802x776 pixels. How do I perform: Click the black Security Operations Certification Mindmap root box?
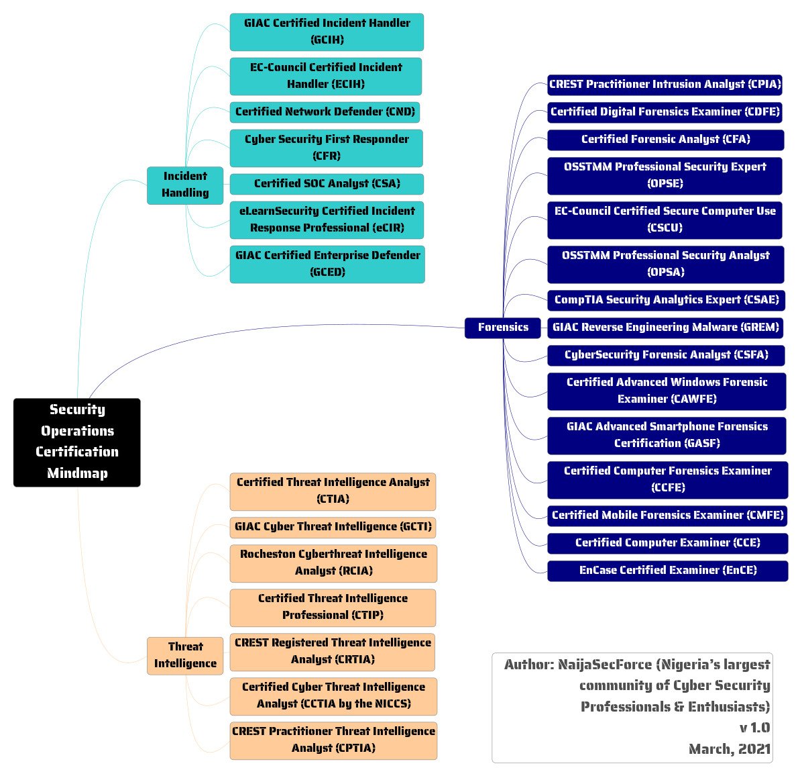tap(77, 442)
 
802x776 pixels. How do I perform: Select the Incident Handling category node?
tap(185, 185)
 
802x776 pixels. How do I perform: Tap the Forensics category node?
tap(503, 328)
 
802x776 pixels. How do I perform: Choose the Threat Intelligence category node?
tap(185, 655)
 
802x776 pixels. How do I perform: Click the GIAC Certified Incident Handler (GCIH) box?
tap(327, 32)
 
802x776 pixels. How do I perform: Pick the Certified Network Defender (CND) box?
tap(325, 111)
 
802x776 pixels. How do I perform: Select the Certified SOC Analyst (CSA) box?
tap(327, 183)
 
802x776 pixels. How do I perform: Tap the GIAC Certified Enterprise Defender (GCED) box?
tap(327, 264)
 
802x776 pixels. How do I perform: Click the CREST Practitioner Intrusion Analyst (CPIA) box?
tap(665, 85)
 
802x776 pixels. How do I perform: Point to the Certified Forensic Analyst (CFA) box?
tap(665, 140)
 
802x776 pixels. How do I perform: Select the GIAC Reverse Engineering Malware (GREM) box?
tap(665, 328)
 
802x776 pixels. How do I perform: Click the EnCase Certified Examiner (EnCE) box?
tap(667, 571)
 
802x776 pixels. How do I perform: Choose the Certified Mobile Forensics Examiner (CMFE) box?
tap(667, 516)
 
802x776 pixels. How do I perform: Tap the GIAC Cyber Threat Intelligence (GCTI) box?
tap(333, 527)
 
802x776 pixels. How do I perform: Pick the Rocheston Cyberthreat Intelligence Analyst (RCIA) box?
tap(333, 563)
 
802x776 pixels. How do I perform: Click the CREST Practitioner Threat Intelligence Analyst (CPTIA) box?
tap(333, 740)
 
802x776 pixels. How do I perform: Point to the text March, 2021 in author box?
tap(729, 749)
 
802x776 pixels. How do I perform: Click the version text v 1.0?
tap(754, 728)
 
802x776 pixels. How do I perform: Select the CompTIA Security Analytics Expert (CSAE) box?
tap(665, 300)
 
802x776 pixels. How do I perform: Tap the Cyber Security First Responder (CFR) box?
tap(327, 148)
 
